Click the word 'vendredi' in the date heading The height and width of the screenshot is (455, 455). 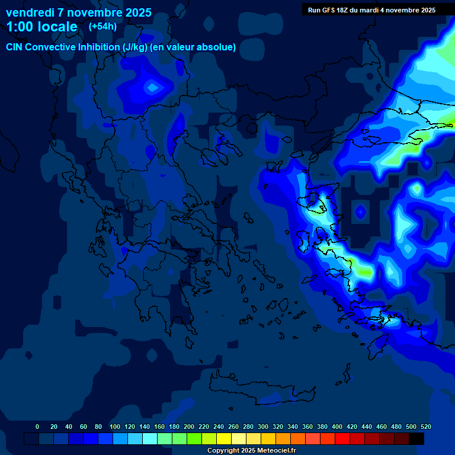(29, 12)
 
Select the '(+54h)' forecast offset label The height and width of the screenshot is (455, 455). (102, 26)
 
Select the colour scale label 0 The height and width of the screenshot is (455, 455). (37, 427)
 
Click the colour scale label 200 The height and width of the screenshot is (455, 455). (189, 427)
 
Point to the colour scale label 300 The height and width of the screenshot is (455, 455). (263, 427)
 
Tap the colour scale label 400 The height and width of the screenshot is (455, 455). (337, 427)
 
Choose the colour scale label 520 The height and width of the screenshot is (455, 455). (426, 427)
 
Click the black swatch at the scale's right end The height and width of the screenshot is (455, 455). (416, 439)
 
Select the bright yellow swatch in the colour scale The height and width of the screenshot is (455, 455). (224, 439)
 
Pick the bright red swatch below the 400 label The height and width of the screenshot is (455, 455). (342, 439)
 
